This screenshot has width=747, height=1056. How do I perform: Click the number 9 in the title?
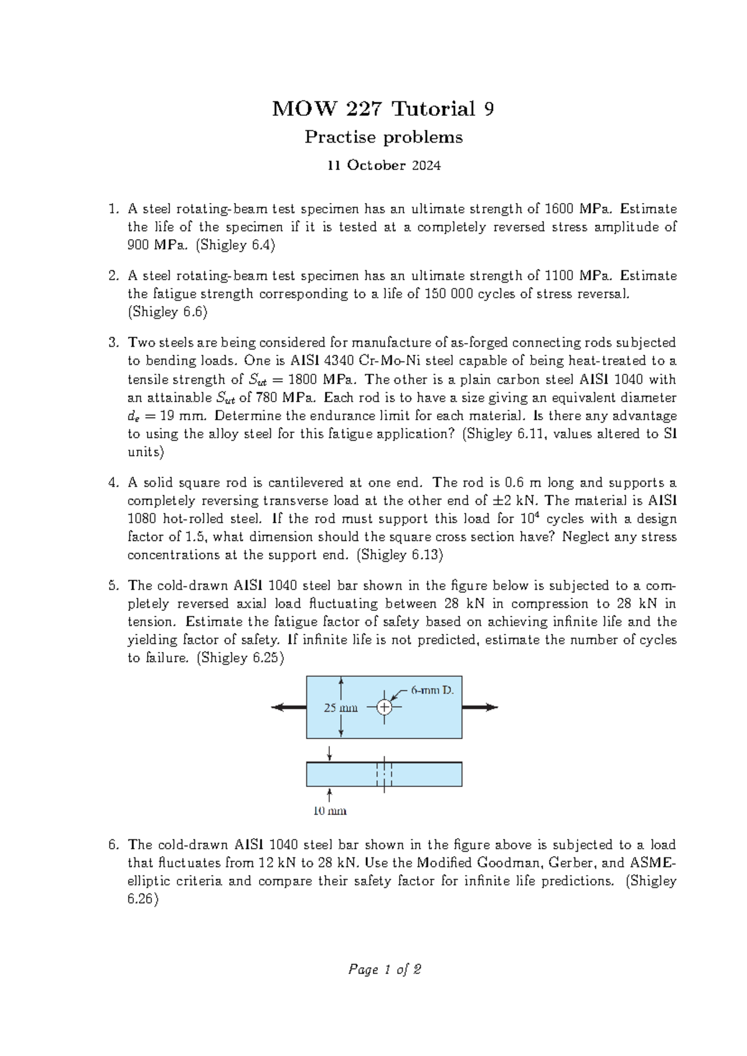(489, 110)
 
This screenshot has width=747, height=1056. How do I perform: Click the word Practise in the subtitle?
(332, 137)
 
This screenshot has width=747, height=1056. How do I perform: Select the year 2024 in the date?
(425, 166)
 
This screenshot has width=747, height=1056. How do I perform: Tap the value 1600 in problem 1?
(559, 209)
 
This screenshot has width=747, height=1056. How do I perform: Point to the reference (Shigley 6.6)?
(167, 312)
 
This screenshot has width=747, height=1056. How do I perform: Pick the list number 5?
(112, 586)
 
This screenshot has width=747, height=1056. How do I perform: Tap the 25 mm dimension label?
(341, 708)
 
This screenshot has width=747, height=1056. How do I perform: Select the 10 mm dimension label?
(329, 811)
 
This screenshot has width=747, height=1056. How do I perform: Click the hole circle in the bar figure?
(384, 707)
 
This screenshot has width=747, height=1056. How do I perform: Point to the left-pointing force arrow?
(288, 707)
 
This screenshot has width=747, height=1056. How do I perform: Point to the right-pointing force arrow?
(480, 707)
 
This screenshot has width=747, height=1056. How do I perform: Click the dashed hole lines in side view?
(384, 774)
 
